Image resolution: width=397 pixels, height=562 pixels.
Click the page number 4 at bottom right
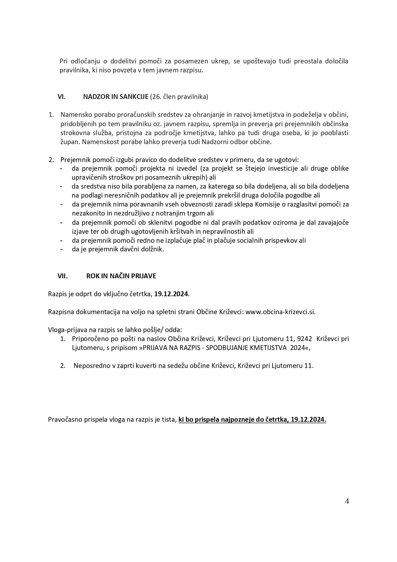click(x=347, y=501)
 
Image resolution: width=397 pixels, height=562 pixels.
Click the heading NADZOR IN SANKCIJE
click(x=115, y=97)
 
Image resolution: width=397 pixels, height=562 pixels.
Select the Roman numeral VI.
click(x=61, y=97)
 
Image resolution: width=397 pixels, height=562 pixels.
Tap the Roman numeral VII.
click(x=63, y=276)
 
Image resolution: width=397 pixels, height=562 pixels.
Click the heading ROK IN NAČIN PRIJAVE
click(x=121, y=276)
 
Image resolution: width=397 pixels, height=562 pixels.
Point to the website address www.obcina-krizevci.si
click(x=280, y=312)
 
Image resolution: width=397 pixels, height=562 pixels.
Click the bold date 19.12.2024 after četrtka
click(x=171, y=294)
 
